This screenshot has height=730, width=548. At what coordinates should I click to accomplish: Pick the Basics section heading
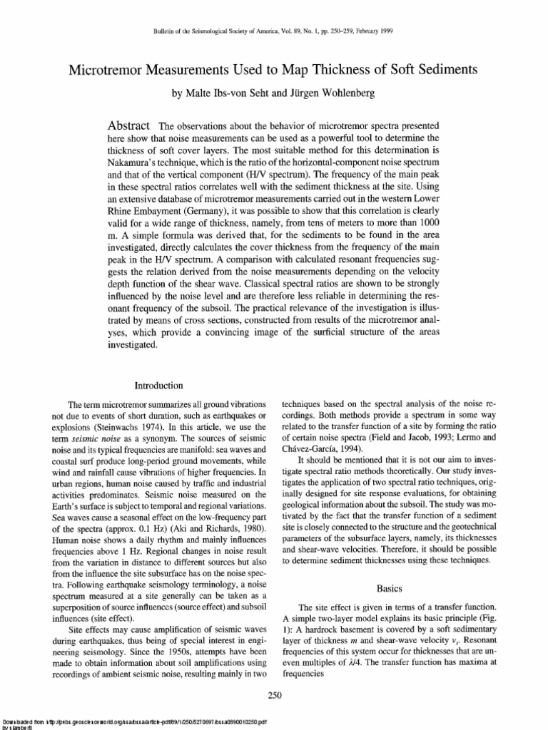coord(388,588)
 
